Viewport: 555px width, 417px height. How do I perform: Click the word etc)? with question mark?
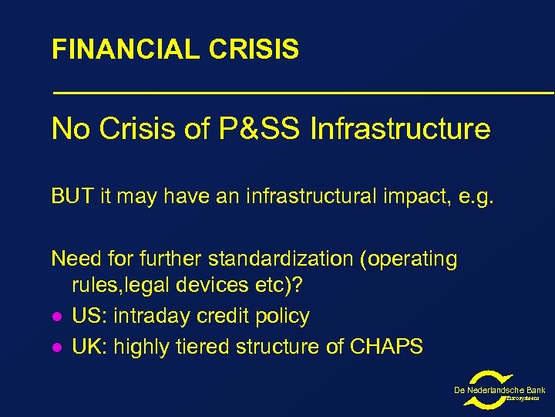(x=281, y=286)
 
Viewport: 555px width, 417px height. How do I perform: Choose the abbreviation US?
(x=89, y=316)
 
